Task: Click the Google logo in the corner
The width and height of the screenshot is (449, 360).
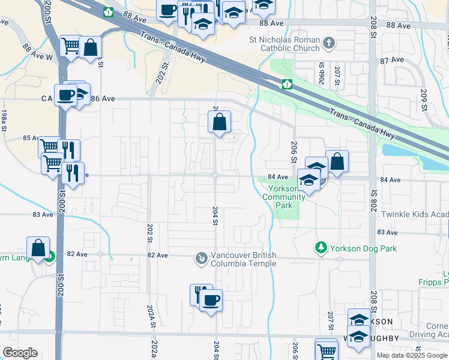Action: click(x=20, y=353)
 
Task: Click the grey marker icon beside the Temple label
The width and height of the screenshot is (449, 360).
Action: click(x=201, y=259)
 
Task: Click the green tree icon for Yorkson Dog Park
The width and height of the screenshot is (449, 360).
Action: click(x=321, y=247)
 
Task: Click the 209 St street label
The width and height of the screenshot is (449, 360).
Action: click(x=424, y=101)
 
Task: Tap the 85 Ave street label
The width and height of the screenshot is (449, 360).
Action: click(x=31, y=137)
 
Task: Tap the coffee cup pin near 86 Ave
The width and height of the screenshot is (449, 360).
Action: click(x=65, y=95)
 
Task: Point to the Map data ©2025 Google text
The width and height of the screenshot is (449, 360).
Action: click(x=412, y=355)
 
